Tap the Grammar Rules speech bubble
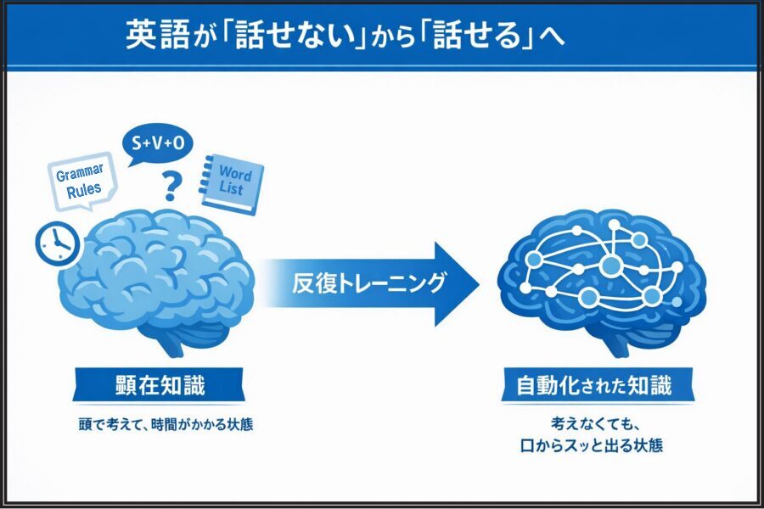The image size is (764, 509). [81, 181]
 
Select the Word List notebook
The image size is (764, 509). [232, 183]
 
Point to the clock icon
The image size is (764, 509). [57, 243]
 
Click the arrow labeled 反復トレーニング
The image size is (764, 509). [370, 284]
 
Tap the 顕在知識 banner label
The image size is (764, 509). [160, 385]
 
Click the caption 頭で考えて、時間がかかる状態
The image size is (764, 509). [166, 425]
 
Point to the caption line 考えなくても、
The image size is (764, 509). [594, 424]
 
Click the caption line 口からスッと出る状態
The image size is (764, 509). [592, 445]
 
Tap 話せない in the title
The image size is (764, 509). [295, 35]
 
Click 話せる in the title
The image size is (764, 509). [476, 35]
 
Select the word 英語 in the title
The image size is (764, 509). [157, 35]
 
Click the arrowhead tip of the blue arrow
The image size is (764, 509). [479, 284]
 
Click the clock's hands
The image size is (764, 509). [59, 239]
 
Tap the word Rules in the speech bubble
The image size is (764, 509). [84, 190]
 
